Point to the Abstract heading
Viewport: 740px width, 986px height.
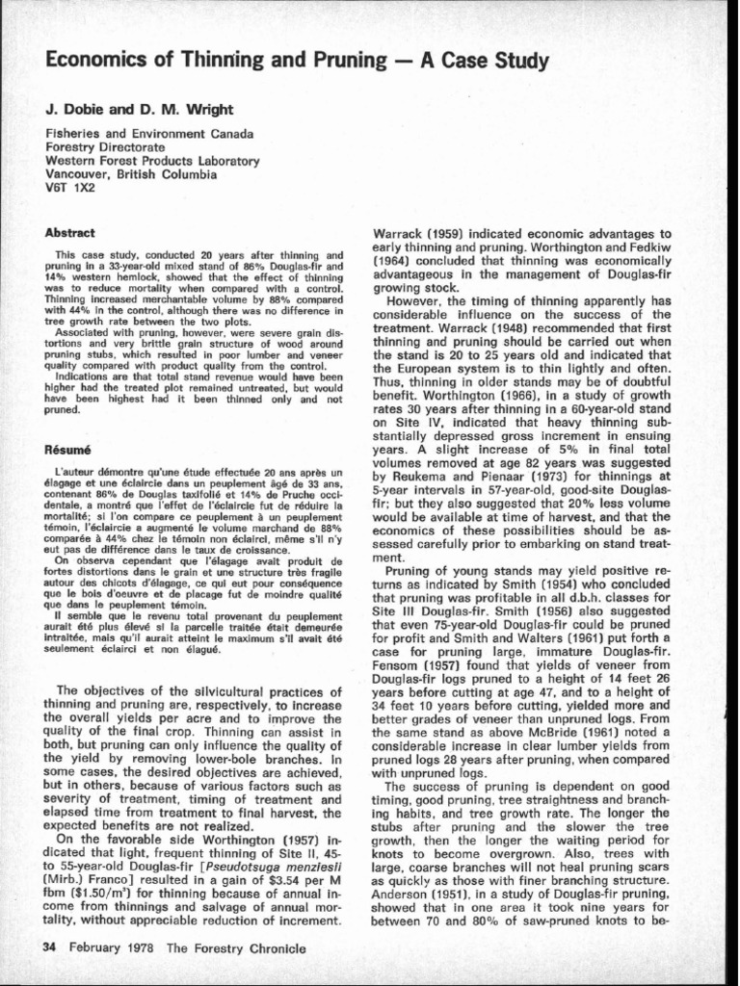point(70,233)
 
